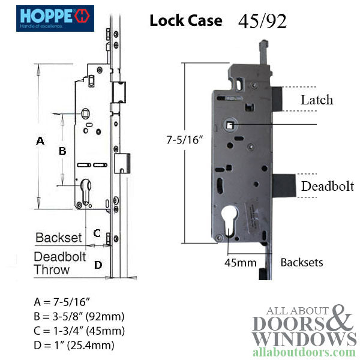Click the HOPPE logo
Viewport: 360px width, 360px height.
(55, 18)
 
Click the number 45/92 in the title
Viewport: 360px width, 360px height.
(262, 21)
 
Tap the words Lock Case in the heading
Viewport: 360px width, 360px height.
(186, 20)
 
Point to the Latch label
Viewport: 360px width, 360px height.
(317, 100)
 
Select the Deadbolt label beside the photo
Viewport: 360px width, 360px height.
(328, 186)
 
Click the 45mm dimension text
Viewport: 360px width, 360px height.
(241, 263)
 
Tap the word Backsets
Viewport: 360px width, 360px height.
(302, 262)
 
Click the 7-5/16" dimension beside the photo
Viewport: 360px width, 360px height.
(185, 140)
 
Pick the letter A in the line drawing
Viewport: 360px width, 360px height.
(40, 140)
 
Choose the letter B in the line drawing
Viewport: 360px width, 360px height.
(62, 151)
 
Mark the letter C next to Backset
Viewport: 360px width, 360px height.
(97, 233)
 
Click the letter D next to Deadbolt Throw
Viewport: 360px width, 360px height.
(98, 265)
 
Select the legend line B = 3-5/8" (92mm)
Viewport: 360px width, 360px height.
(79, 316)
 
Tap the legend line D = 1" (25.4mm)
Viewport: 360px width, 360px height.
(74, 345)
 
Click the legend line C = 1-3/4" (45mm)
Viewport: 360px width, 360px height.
(79, 331)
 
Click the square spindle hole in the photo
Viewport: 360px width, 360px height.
(230, 125)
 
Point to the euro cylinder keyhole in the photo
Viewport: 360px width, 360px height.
(229, 221)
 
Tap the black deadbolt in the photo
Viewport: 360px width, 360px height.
(284, 185)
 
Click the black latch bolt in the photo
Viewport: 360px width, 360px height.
(277, 99)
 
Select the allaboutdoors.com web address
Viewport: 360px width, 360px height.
(304, 352)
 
